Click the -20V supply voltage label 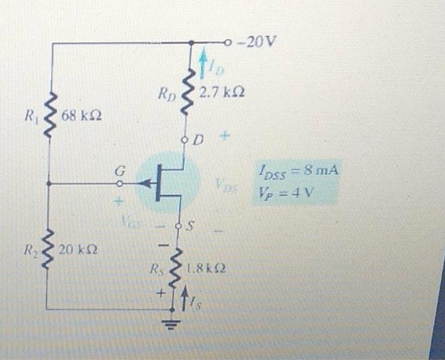pos(261,43)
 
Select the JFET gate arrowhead pos(147,184)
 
